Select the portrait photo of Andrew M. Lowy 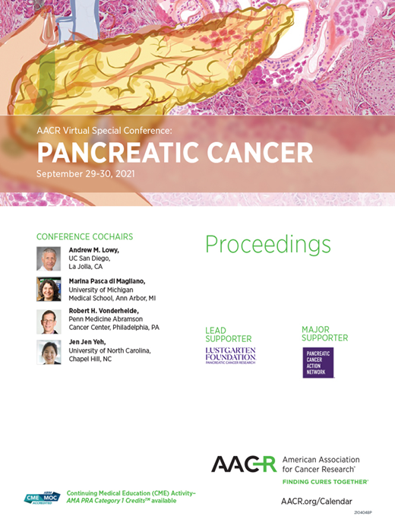tap(49, 258)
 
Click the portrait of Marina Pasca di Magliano tap(49, 290)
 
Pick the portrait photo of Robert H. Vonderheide tap(49, 321)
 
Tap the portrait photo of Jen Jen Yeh tap(49, 352)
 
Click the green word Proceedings tap(268, 245)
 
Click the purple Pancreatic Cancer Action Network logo tap(318, 363)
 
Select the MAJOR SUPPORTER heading tap(324, 334)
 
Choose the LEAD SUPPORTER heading tap(228, 334)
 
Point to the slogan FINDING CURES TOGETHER tap(324, 482)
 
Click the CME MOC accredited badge tap(42, 499)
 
